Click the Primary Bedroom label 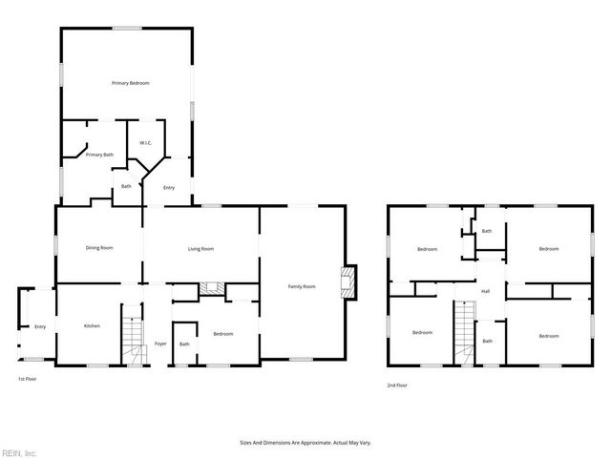[x=130, y=83]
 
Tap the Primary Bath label [x=100, y=155]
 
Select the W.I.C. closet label [x=146, y=143]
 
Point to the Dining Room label [x=99, y=248]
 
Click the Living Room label [x=200, y=248]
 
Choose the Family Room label [x=303, y=285]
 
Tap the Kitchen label [x=92, y=326]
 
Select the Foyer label [x=160, y=343]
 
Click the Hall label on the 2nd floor [x=485, y=291]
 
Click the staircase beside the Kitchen [x=133, y=334]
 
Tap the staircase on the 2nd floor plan [x=464, y=332]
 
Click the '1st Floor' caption [x=28, y=380]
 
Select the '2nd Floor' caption [x=396, y=385]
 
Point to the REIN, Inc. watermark [x=19, y=452]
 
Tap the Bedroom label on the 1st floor [x=223, y=334]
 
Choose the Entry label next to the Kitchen [x=40, y=327]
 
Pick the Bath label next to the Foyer [x=184, y=343]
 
